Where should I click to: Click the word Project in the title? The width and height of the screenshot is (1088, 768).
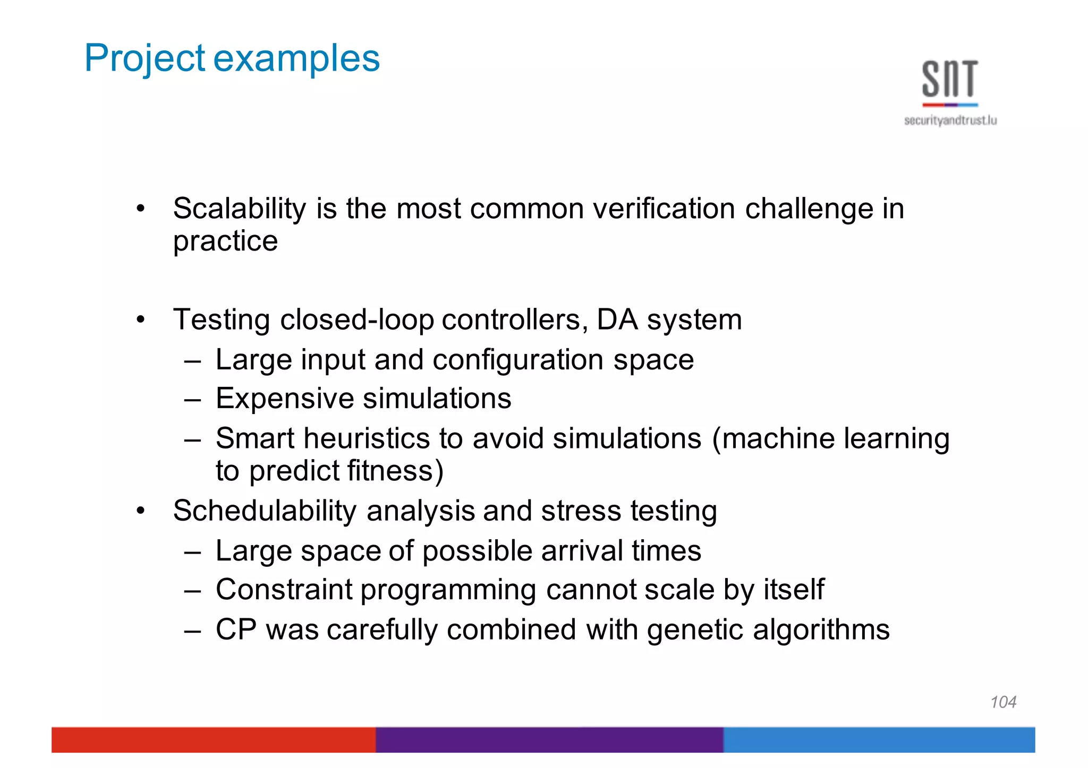coord(144,58)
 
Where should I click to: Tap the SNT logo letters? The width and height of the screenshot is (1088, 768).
coord(950,80)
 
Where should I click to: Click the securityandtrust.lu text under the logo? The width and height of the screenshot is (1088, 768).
coord(950,121)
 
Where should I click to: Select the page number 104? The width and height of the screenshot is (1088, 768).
coord(1003,702)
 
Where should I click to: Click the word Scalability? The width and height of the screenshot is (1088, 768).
coord(239,209)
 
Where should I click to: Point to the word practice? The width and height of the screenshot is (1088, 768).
coord(225,242)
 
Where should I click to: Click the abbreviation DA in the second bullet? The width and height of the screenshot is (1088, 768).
coord(617,320)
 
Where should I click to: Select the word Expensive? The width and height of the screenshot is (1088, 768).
coord(285,399)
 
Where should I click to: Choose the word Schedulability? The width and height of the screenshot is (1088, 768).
coord(265,511)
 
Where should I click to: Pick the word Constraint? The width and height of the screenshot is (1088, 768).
coord(284,590)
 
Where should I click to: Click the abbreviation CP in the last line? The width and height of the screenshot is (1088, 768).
coord(236,630)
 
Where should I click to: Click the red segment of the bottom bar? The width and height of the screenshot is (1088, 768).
coord(212,740)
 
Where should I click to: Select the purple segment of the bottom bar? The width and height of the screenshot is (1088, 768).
coord(549,740)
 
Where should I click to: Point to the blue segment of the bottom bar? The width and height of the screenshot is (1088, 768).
coord(879,740)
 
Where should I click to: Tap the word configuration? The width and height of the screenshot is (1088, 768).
coord(518,360)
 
